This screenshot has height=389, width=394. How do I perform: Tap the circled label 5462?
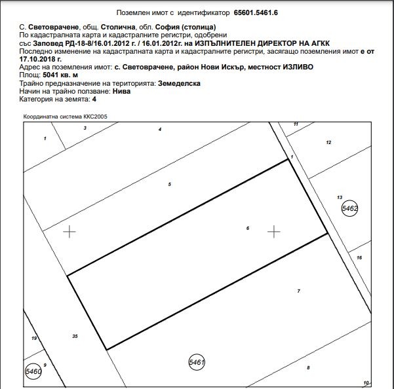(x=350, y=208)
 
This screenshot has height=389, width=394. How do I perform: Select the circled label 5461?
(x=197, y=361)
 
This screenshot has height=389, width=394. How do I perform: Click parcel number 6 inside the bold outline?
(x=248, y=229)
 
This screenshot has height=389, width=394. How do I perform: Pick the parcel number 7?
(x=298, y=290)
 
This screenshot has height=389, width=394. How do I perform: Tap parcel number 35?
(x=75, y=336)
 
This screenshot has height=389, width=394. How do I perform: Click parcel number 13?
(x=340, y=196)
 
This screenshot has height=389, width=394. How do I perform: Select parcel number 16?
(x=359, y=258)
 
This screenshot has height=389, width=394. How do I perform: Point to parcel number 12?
(x=328, y=142)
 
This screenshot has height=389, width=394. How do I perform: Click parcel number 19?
(x=33, y=338)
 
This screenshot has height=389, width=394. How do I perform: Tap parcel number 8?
(x=308, y=367)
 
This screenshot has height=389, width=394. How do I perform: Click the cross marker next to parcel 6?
(x=274, y=231)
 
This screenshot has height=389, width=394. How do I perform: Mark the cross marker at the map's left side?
(x=69, y=231)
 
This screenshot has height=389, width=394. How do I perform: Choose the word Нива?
(x=121, y=91)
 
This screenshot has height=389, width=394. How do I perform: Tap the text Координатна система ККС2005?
(x=65, y=116)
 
